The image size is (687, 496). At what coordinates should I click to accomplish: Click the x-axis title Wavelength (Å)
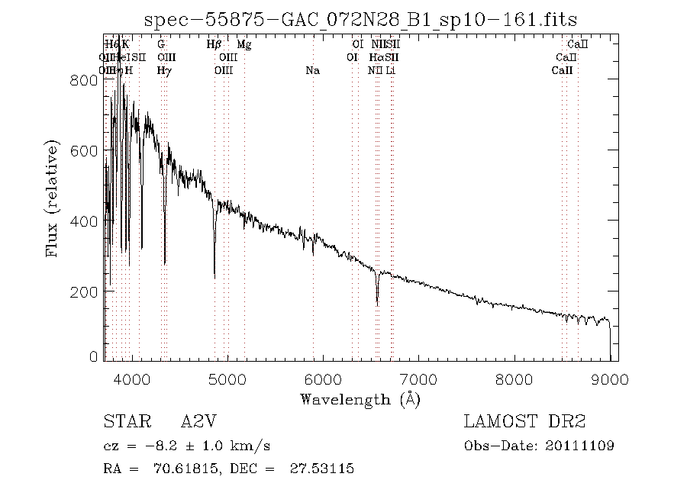point(360,399)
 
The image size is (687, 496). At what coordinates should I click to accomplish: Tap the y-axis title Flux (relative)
point(53,198)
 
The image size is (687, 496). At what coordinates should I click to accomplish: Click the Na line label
point(312,71)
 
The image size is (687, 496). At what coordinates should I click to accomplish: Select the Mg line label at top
point(244,45)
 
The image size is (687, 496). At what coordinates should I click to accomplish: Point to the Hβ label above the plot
point(214,45)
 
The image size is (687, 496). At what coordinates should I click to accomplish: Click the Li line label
point(390,71)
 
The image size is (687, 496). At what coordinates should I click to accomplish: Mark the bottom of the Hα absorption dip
point(377,304)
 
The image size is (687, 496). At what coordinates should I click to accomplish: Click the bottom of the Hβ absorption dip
point(214,277)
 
